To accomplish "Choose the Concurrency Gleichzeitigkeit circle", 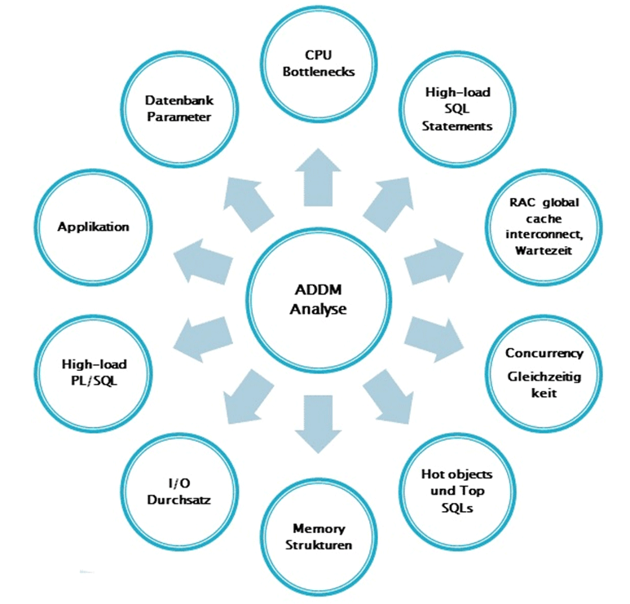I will click(544, 373).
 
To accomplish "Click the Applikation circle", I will click(93, 227).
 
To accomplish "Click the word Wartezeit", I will click(544, 249).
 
